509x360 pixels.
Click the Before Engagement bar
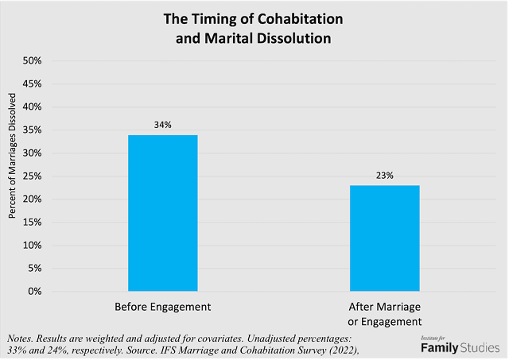click(x=162, y=213)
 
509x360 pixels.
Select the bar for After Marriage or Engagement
click(x=384, y=238)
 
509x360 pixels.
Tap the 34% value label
click(x=162, y=124)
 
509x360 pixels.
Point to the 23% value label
click(x=384, y=175)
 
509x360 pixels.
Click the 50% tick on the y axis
click(x=41, y=60)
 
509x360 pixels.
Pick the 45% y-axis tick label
click(x=41, y=83)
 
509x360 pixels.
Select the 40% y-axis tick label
click(x=41, y=106)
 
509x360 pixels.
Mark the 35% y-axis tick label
click(x=41, y=130)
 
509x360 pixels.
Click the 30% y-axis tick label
click(x=41, y=153)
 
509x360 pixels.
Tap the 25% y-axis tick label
click(x=41, y=176)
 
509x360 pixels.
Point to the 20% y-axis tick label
click(x=41, y=199)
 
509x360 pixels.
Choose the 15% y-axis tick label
click(x=41, y=222)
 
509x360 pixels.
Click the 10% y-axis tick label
click(x=41, y=245)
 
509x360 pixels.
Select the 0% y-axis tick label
click(x=44, y=291)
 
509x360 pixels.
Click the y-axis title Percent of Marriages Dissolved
click(x=13, y=162)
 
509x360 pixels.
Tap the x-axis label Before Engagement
click(x=162, y=307)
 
